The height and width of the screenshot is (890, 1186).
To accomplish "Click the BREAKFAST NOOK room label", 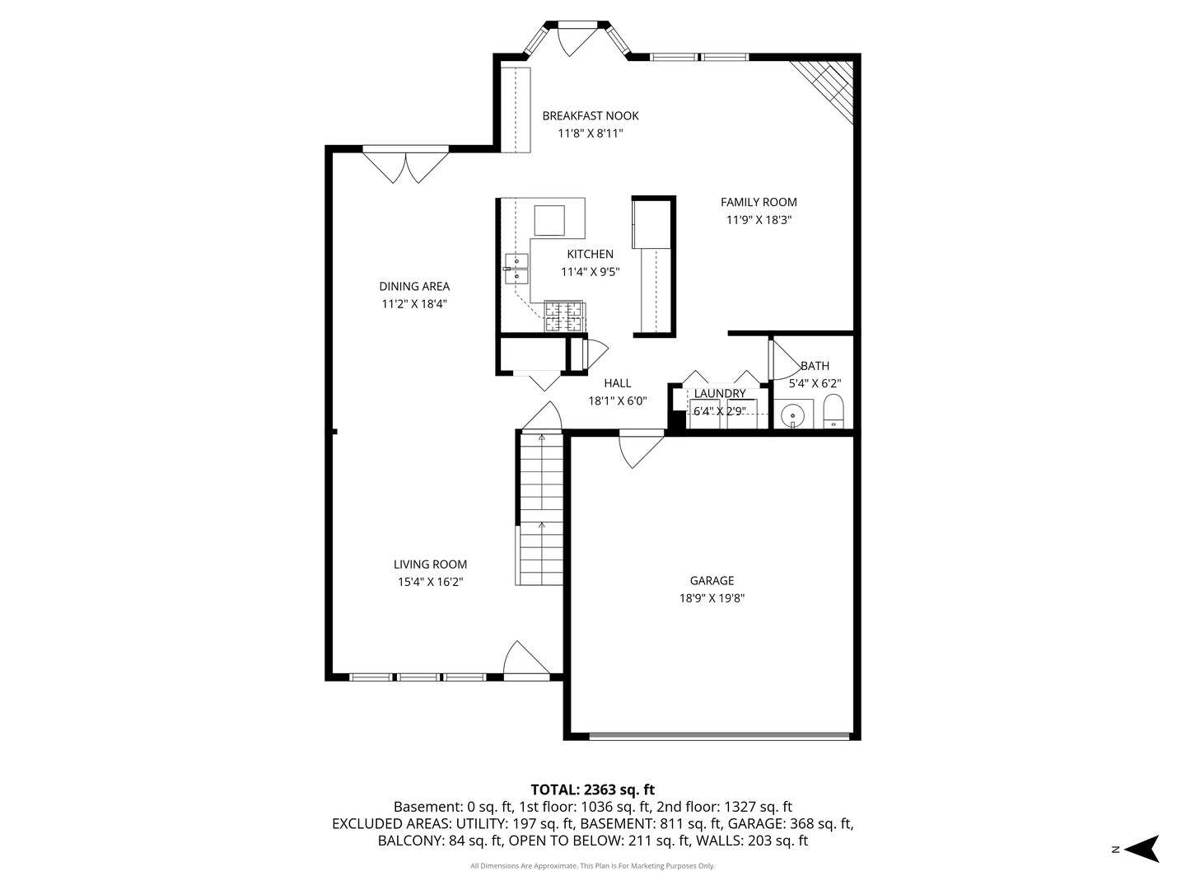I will (x=590, y=116).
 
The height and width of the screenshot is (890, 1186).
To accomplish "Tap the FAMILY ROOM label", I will (x=759, y=202).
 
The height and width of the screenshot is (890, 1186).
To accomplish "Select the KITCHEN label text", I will (x=590, y=255).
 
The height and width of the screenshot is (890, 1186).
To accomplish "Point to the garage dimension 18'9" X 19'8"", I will (x=712, y=599).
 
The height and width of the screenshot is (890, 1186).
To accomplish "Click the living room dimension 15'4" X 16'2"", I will (x=430, y=582).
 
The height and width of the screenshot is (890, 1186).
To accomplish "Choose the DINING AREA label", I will (x=414, y=287).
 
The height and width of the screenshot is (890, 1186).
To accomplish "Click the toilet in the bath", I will (x=833, y=411).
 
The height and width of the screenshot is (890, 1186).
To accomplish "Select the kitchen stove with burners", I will (x=563, y=317).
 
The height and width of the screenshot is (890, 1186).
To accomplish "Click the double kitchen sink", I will (x=516, y=269).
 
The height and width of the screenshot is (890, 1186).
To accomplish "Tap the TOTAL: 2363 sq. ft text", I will (x=592, y=789).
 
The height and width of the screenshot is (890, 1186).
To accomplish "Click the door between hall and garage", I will (x=642, y=447).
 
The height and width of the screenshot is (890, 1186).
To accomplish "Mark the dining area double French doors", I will (x=405, y=164).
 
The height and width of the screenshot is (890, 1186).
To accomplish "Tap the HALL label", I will (x=617, y=383).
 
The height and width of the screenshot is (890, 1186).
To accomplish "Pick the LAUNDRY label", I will (x=719, y=394).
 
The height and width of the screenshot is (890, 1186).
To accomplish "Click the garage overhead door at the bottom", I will (x=720, y=735).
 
